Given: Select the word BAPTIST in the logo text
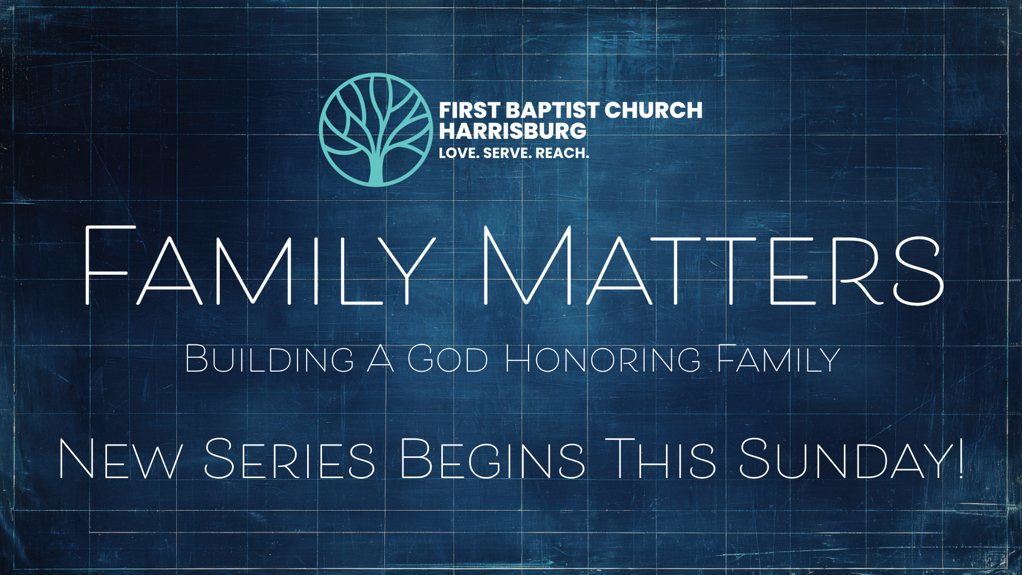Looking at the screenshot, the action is click(x=553, y=111).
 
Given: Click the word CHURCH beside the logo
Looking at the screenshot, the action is click(x=654, y=110).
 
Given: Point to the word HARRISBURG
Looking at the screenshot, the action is click(x=513, y=131).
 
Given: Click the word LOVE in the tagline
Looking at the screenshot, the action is click(x=459, y=153).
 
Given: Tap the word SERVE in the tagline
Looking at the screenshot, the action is click(x=507, y=153).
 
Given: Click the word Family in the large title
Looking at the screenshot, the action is click(x=260, y=265).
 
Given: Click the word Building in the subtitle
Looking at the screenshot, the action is click(x=269, y=359).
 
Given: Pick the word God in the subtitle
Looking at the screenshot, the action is click(x=448, y=359).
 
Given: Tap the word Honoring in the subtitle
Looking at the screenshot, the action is click(x=603, y=359).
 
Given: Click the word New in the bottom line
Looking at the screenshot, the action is click(x=120, y=458).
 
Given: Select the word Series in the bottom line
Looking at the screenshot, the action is click(x=290, y=458).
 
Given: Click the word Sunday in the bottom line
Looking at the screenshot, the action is click(x=845, y=458).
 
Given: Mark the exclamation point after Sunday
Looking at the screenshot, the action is click(x=960, y=458).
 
